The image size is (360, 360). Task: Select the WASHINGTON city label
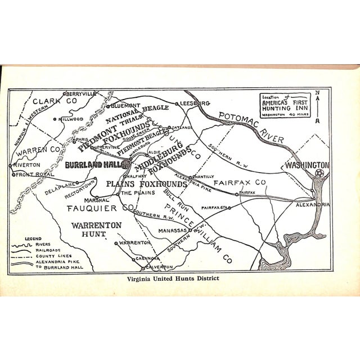[307, 166]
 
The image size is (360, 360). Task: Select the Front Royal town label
[34, 174]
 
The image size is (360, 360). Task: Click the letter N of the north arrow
[317, 93]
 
